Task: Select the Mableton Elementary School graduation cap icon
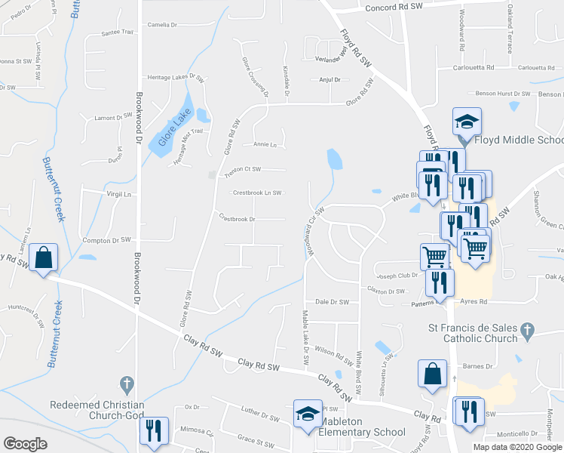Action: (x=308, y=414)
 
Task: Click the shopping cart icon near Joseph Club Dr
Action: (x=434, y=257)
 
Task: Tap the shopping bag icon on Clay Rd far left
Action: (x=44, y=257)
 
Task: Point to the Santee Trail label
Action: (x=117, y=32)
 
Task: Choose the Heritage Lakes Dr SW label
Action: (x=176, y=77)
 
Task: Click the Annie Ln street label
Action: (x=265, y=144)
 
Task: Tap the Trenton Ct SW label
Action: (x=243, y=170)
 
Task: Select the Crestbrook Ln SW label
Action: (x=256, y=193)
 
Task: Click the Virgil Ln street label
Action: (x=118, y=194)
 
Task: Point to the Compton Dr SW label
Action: (x=106, y=240)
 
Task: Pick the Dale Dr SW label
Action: (x=332, y=301)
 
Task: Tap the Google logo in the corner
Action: (x=25, y=444)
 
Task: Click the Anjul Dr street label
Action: (x=330, y=79)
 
